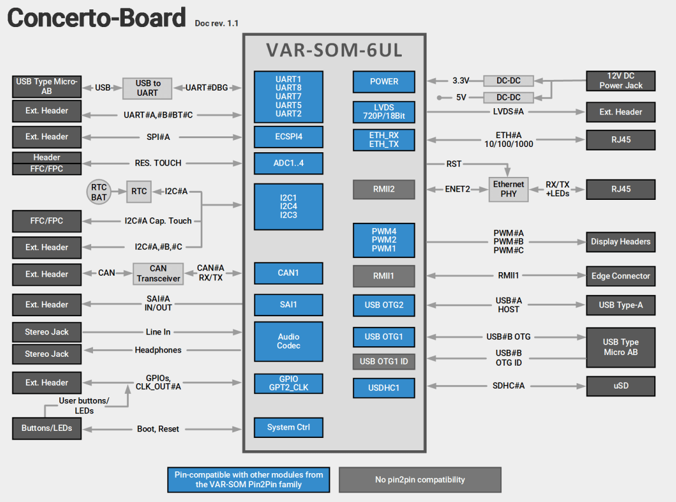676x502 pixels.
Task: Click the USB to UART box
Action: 148,88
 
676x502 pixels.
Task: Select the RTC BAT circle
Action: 99,192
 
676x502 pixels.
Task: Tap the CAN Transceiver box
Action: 158,273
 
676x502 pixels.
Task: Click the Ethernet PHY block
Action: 508,189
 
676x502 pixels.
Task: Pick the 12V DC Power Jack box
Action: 621,81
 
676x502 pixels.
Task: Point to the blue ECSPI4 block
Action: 288,136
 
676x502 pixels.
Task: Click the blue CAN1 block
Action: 288,273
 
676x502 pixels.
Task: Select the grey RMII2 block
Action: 384,189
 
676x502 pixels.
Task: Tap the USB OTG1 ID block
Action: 384,361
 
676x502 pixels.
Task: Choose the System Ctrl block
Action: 288,427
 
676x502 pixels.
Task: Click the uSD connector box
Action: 621,386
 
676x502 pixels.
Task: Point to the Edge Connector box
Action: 621,276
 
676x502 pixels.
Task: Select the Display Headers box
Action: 621,242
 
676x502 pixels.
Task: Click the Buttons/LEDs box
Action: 47,428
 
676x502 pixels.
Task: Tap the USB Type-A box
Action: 621,305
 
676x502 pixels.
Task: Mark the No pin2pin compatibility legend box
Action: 419,480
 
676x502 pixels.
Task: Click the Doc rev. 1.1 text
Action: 217,24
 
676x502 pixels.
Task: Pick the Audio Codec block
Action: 288,342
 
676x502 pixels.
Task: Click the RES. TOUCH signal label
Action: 158,163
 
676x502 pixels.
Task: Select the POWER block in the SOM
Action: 384,82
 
